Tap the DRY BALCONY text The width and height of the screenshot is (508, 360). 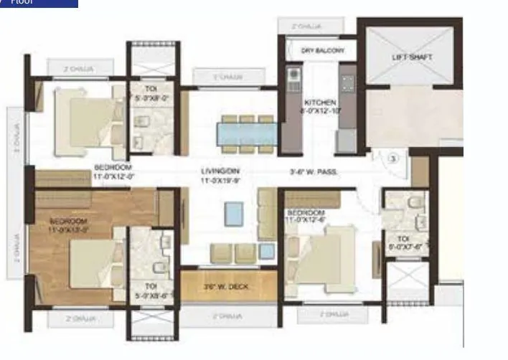coord(323,51)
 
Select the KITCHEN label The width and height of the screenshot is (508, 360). coord(320,107)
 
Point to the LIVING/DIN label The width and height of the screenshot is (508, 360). coord(219,175)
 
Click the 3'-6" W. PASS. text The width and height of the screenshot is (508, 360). coord(314,172)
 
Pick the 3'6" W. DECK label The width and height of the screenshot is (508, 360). coord(226,288)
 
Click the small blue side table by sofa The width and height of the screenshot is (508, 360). coord(267,251)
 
